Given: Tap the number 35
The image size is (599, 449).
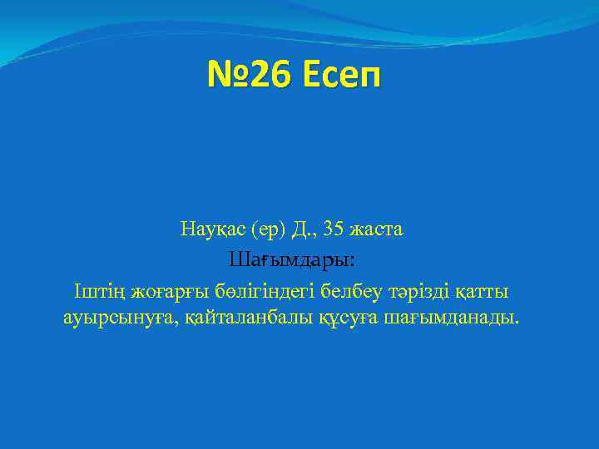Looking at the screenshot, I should coord(334,229).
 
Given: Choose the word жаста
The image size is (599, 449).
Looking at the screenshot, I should coord(377,229).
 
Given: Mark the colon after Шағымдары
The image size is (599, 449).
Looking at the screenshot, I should coord(353,261).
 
